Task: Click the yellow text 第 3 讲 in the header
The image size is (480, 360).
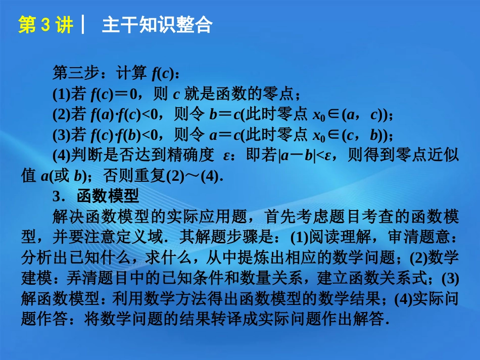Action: click(x=45, y=25)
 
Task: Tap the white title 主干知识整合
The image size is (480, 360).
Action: click(x=157, y=25)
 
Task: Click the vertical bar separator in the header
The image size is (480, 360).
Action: click(x=83, y=25)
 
